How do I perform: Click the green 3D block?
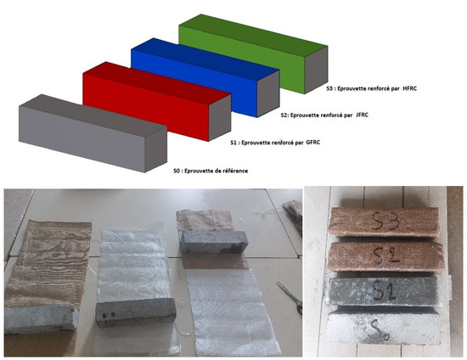pyautogui.click(x=253, y=53)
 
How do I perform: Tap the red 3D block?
pyautogui.click(x=157, y=101)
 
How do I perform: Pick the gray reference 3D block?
pyautogui.click(x=93, y=133)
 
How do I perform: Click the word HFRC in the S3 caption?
pyautogui.click(x=409, y=88)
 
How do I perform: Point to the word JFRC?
pyautogui.click(x=362, y=115)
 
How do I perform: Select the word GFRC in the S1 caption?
pyautogui.click(x=313, y=143)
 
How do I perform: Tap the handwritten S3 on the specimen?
pyautogui.click(x=385, y=222)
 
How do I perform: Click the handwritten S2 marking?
pyautogui.click(x=386, y=256)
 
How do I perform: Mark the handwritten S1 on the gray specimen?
pyautogui.click(x=385, y=291)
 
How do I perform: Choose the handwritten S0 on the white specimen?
pyautogui.click(x=378, y=330)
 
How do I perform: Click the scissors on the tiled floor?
pyautogui.click(x=290, y=297)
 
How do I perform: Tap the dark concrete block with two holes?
pyautogui.click(x=136, y=312)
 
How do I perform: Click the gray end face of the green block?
pyautogui.click(x=316, y=70)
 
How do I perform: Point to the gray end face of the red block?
pyautogui.click(x=220, y=118)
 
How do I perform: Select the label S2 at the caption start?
pyautogui.click(x=284, y=115)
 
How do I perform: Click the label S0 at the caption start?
pyautogui.click(x=177, y=171)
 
